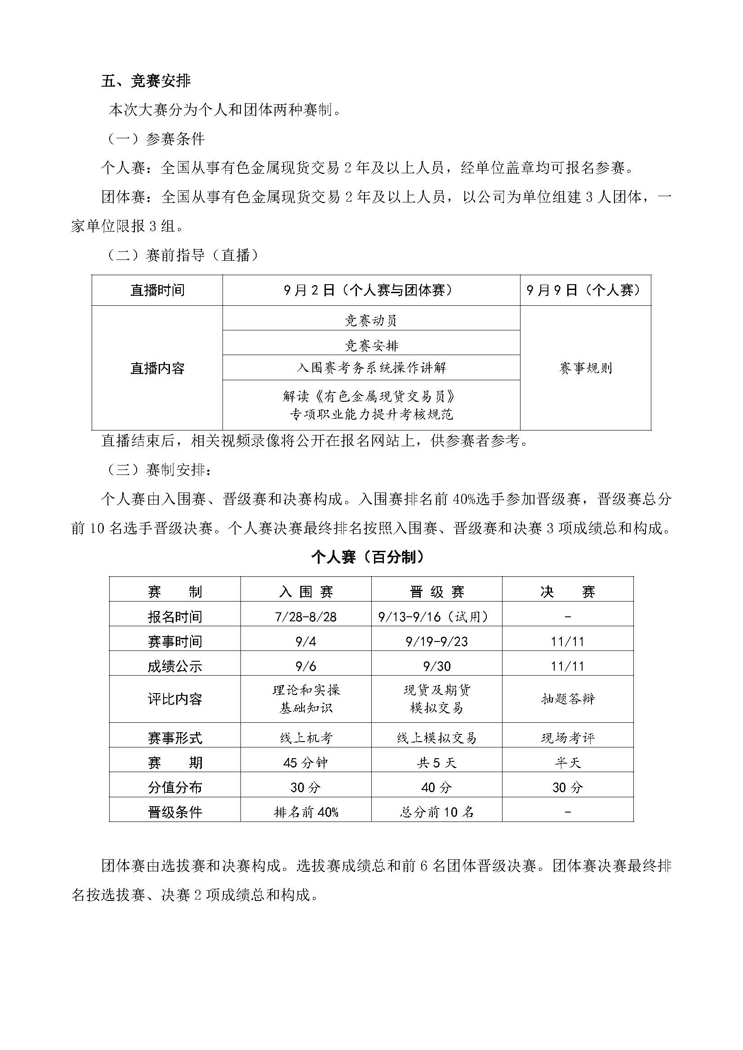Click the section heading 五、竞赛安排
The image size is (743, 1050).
pos(146,81)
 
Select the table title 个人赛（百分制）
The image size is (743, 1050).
pos(367,557)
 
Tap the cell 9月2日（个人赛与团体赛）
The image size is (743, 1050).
pos(371,290)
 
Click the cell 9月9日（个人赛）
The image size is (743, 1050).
pos(585,290)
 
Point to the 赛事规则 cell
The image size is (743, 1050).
pos(585,368)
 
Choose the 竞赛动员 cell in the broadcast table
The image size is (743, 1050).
pos(371,320)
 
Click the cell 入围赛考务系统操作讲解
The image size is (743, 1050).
pos(371,368)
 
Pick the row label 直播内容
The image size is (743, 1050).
pos(157,368)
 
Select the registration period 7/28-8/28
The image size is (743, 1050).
pos(305,617)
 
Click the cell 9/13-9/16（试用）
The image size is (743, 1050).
pos(436,617)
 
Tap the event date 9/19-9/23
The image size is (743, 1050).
pos(436,641)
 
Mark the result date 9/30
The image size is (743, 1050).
pos(436,666)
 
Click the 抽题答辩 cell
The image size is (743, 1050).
pos(568,699)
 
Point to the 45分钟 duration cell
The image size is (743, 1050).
pos(305,763)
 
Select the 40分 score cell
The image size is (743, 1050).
pos(436,787)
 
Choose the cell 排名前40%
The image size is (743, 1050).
pos(305,812)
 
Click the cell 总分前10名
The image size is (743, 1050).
pos(436,812)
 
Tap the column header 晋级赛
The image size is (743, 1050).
pos(436,592)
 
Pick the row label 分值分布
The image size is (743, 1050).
pos(174,787)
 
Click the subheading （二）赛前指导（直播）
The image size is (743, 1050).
pos(182,255)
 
